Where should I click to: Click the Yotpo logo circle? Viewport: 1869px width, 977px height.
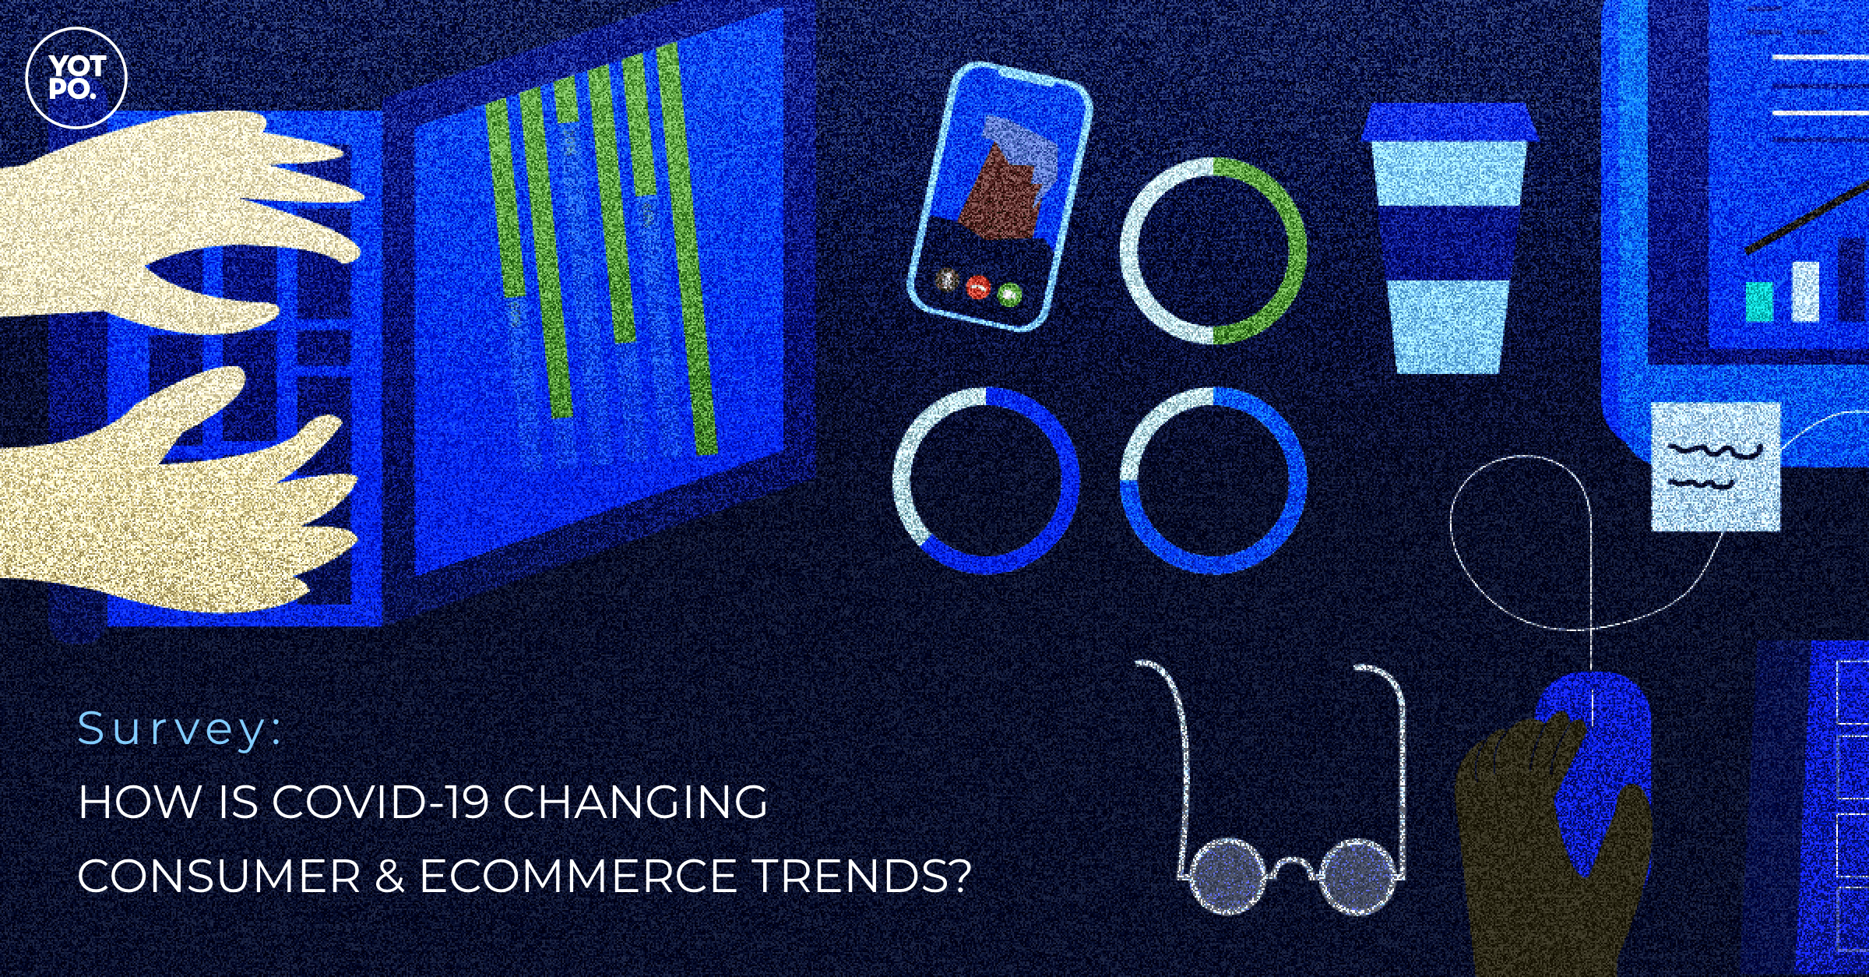pos(76,76)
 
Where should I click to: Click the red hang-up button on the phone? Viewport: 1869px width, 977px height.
pos(977,287)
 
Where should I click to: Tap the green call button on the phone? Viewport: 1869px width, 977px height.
pos(1010,294)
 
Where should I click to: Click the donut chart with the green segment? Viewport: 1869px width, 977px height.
pos(1213,250)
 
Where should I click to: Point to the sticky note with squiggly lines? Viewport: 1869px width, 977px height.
pos(1715,465)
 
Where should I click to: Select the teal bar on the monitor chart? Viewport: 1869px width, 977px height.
pos(1758,301)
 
